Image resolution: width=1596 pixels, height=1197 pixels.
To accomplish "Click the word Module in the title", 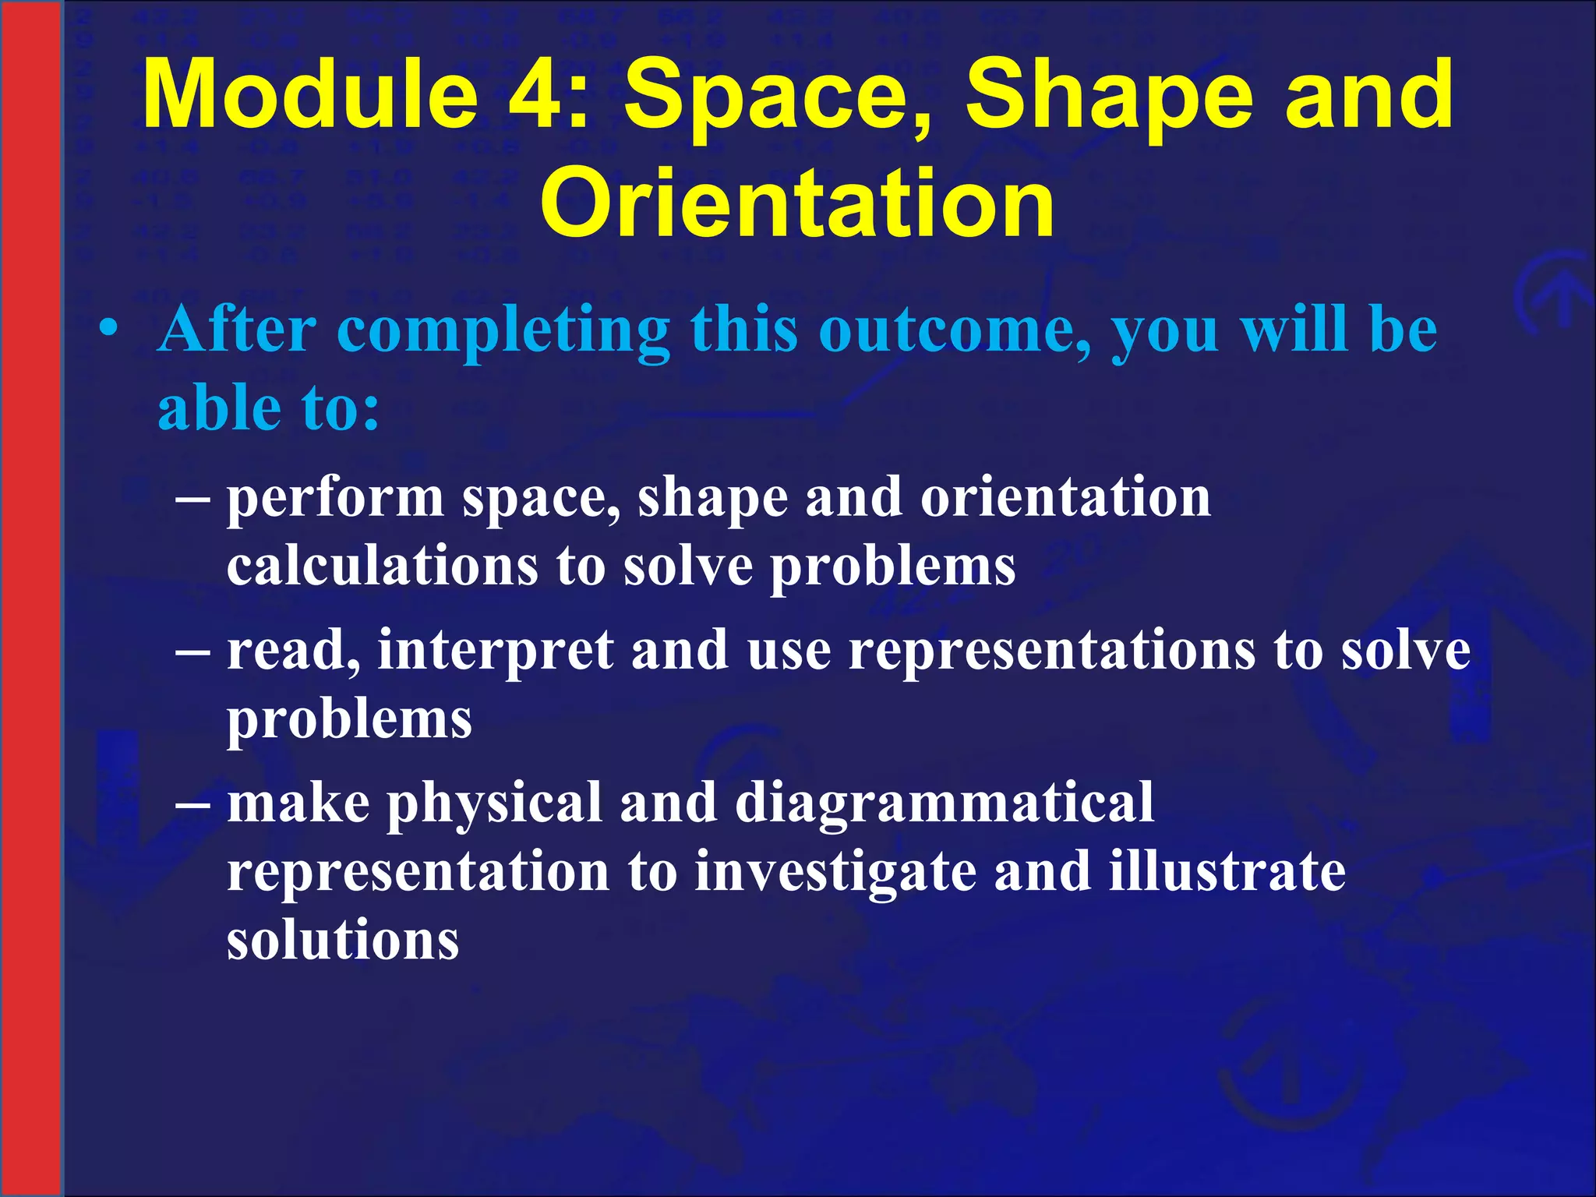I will [x=311, y=95].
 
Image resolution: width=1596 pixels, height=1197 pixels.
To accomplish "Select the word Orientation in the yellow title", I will [x=797, y=204].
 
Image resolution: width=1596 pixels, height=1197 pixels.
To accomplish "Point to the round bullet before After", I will [x=109, y=328].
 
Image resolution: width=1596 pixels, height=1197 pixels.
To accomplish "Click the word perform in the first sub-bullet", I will [x=335, y=499].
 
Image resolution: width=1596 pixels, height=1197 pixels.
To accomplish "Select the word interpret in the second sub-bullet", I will [x=496, y=651].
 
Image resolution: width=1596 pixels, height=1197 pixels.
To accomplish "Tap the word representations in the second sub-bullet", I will [x=1052, y=651].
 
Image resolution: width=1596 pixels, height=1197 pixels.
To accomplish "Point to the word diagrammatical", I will [x=944, y=803].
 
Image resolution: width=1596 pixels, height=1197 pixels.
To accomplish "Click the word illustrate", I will [x=1227, y=871].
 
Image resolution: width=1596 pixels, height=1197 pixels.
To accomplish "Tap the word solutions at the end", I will [x=343, y=940].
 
